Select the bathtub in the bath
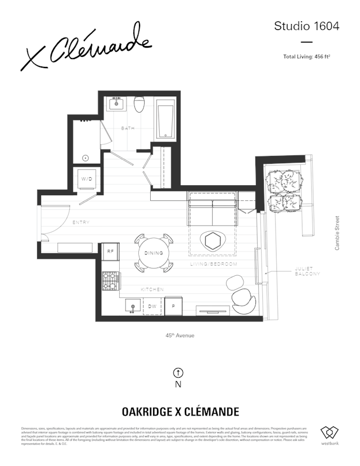pyautogui.click(x=165, y=119)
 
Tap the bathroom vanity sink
pyautogui.click(x=118, y=104)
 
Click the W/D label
pyautogui.click(x=87, y=178)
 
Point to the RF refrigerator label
pyautogui.click(x=110, y=252)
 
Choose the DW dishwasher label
pyautogui.click(x=152, y=306)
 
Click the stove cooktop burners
pyautogui.click(x=111, y=279)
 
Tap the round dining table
pyautogui.click(x=153, y=253)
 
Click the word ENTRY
pyautogui.click(x=81, y=223)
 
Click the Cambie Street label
pyautogui.click(x=337, y=233)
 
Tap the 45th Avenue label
pyautogui.click(x=180, y=335)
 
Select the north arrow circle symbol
pyautogui.click(x=178, y=373)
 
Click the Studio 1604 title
pyautogui.click(x=307, y=26)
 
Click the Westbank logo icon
pyautogui.click(x=329, y=433)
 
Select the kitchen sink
pyautogui.click(x=133, y=307)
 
